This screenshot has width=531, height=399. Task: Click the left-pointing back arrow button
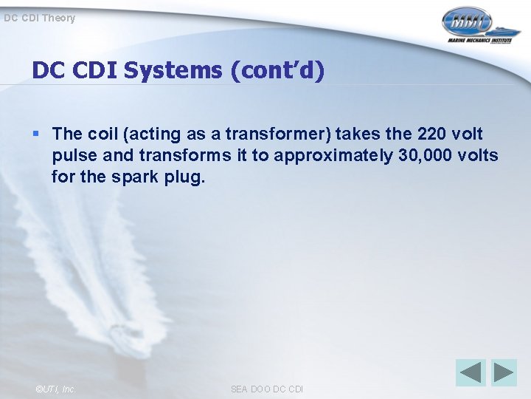click(x=471, y=372)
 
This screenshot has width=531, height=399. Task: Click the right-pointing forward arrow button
click(x=504, y=372)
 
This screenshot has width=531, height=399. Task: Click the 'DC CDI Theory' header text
click(x=39, y=18)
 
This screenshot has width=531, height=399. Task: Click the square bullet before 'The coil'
click(x=37, y=134)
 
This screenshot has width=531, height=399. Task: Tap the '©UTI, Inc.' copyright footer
click(x=55, y=389)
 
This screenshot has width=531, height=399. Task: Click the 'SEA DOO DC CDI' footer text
click(x=266, y=389)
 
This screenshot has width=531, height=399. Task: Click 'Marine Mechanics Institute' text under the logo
click(x=479, y=41)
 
